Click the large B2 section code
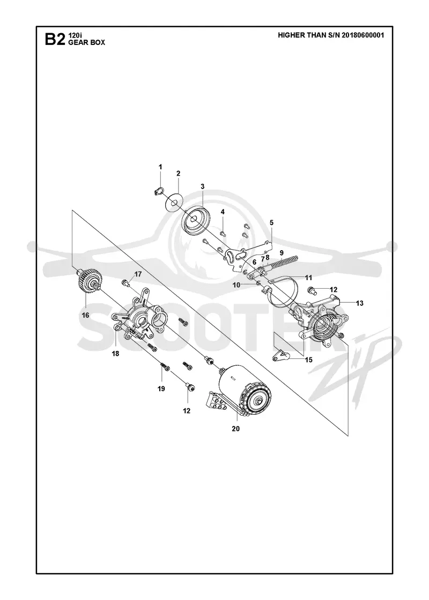[55, 40]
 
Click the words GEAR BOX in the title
[86, 42]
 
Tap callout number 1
[160, 167]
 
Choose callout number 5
[271, 222]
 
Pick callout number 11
[308, 278]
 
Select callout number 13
[359, 303]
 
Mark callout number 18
[115, 354]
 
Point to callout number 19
[161, 389]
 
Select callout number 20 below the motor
[235, 429]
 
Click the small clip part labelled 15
[282, 356]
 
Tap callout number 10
[236, 285]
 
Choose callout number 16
[85, 315]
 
